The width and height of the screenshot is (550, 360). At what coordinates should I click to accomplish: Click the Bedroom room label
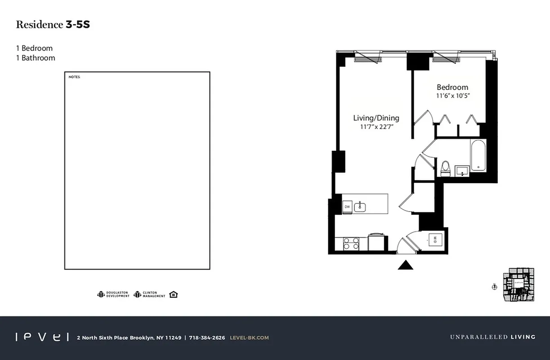[x=452, y=87]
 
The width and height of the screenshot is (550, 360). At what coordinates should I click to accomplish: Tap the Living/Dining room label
[x=376, y=118]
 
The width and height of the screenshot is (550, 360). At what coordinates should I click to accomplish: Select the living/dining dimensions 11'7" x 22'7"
[x=376, y=127]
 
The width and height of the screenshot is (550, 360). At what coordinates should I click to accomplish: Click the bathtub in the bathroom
[x=478, y=156]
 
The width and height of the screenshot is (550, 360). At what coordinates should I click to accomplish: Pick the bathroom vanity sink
[x=462, y=171]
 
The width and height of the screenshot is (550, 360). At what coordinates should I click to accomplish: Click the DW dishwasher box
[x=347, y=207]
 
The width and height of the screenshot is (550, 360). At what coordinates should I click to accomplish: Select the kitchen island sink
[x=360, y=207]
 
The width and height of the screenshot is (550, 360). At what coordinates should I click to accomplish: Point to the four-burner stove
[x=351, y=243]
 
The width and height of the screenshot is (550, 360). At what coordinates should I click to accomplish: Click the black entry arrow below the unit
[x=405, y=265]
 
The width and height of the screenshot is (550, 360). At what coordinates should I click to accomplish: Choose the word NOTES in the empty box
[x=74, y=77]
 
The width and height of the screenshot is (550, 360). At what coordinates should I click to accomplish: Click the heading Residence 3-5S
[x=53, y=25]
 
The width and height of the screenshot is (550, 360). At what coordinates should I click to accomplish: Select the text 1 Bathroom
[x=36, y=58]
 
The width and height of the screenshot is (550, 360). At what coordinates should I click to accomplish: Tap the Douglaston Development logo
[x=113, y=294]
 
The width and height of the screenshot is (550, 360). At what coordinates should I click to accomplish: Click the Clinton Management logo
[x=149, y=294]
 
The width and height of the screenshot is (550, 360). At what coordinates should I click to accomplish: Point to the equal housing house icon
[x=174, y=294]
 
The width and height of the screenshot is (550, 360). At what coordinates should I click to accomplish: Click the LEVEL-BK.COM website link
[x=249, y=337]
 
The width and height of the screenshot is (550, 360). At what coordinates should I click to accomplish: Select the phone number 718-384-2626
[x=207, y=337]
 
